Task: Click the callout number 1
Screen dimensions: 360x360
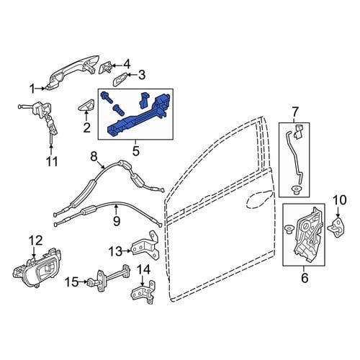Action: [x=32, y=89]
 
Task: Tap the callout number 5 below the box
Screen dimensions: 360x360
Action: [x=135, y=151]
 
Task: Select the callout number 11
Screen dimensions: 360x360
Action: [x=52, y=161]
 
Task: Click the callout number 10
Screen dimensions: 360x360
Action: [x=339, y=200]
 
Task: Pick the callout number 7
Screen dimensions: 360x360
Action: [x=295, y=112]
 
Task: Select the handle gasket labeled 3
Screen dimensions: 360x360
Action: [x=120, y=78]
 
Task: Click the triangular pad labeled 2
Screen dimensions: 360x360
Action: [x=86, y=105]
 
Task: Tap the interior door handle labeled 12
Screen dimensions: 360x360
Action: [x=37, y=269]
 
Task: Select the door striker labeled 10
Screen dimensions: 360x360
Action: [x=338, y=228]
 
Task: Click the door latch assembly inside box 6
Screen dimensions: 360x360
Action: [x=309, y=234]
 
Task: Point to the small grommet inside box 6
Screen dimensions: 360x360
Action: [x=289, y=230]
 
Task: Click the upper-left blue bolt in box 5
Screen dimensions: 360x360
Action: [x=107, y=97]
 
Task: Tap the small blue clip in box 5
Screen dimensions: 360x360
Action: [x=144, y=99]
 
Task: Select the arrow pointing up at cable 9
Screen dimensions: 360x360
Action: [x=116, y=210]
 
